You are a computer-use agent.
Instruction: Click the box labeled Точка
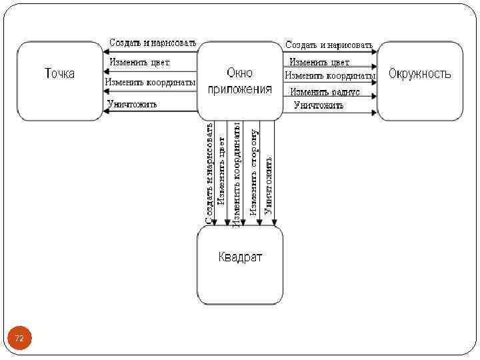60,81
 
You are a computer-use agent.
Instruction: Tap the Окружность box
420,81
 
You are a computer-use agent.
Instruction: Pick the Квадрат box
240,265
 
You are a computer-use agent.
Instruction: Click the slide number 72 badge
19,339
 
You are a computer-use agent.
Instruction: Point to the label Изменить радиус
325,91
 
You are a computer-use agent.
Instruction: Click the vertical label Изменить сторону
254,171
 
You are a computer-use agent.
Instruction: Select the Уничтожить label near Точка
133,104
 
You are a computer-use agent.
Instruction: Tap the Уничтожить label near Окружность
319,105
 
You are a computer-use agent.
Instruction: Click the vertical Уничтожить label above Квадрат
268,185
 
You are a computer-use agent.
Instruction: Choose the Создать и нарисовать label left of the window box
153,43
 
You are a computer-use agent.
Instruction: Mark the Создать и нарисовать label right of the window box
329,45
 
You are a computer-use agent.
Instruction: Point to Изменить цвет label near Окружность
319,63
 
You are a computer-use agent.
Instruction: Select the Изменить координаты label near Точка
151,82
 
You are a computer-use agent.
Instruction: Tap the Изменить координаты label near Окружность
330,76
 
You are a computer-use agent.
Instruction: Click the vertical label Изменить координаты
237,175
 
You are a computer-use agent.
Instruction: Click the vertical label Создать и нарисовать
209,172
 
